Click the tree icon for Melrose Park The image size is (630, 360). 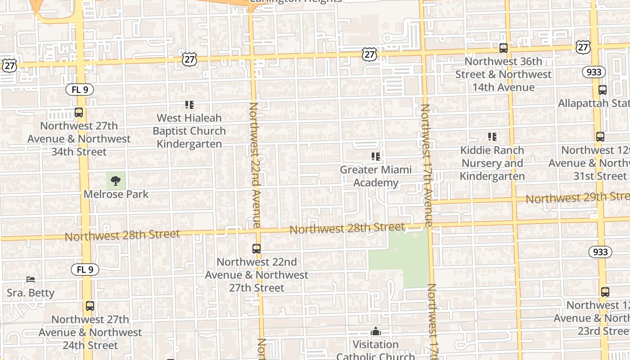[116, 181]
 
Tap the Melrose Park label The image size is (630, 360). [116, 194]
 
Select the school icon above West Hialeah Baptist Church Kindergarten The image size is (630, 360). [189, 105]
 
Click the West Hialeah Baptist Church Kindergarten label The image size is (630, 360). [189, 131]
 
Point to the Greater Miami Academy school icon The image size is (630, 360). [376, 157]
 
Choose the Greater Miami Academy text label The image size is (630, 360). [376, 176]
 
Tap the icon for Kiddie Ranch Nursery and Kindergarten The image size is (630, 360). [492, 137]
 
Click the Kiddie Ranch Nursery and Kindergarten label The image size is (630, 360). [492, 163]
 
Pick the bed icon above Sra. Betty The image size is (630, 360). [31, 279]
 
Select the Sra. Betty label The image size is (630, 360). [31, 293]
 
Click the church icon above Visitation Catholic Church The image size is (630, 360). [376, 332]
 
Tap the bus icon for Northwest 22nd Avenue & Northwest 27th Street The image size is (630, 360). [256, 248]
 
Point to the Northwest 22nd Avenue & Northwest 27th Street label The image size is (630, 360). [256, 274]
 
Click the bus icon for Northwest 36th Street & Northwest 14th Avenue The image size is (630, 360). [504, 48]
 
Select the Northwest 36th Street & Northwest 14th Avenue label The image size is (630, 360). [504, 74]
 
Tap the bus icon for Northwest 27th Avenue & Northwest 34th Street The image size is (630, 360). [79, 112]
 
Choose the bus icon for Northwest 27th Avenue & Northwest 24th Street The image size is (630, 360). [90, 306]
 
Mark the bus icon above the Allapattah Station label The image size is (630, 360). [603, 90]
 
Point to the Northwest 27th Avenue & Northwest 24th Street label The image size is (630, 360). [90, 333]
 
